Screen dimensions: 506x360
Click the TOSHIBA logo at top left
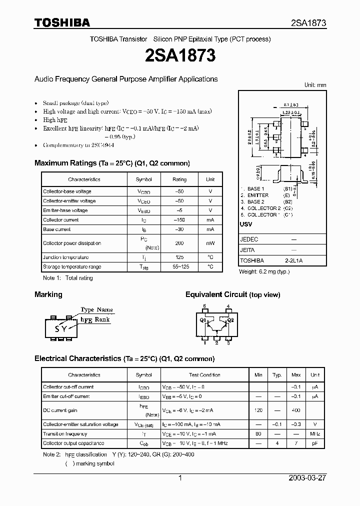click(62, 22)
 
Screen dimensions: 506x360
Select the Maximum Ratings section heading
click(112, 163)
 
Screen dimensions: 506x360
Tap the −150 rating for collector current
click(179, 220)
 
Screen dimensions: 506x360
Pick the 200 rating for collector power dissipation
click(179, 243)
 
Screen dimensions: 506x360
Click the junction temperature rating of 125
click(179, 257)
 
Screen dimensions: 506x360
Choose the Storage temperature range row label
click(72, 267)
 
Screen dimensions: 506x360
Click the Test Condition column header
click(204, 375)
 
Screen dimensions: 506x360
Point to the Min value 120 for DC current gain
click(258, 409)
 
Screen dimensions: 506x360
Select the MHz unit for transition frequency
click(314, 434)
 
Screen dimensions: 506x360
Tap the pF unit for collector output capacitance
click(314, 443)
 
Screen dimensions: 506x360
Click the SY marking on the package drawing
click(60, 328)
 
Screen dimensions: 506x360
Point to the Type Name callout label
click(97, 310)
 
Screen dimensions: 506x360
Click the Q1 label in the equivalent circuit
click(203, 320)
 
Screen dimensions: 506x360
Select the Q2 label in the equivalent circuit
click(230, 320)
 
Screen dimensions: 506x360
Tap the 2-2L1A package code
click(294, 260)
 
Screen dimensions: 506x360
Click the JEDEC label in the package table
click(249, 239)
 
